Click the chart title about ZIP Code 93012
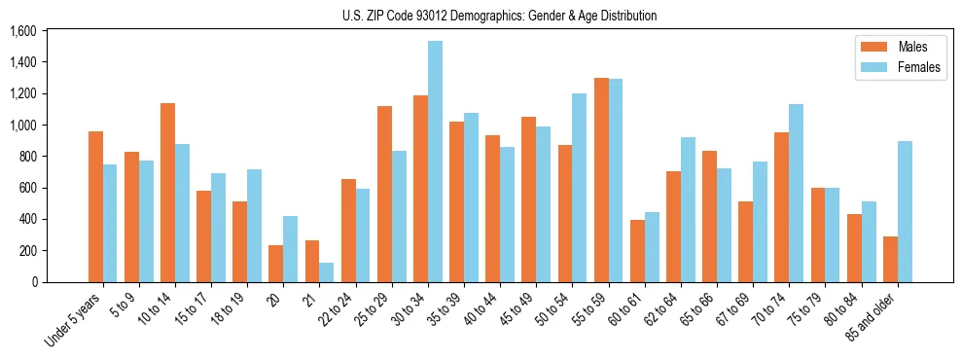pyautogui.click(x=499, y=16)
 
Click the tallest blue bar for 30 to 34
pyautogui.click(x=435, y=162)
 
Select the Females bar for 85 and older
pyautogui.click(x=905, y=212)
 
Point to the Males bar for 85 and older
pyautogui.click(x=890, y=259)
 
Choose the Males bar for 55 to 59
pyautogui.click(x=601, y=180)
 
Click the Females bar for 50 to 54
pyautogui.click(x=580, y=188)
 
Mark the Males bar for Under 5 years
pyautogui.click(x=95, y=206)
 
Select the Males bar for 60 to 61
pyautogui.click(x=637, y=251)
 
